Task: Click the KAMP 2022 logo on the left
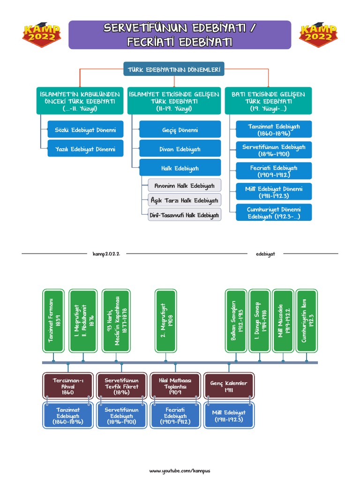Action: [41, 36]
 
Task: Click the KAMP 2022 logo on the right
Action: [318, 36]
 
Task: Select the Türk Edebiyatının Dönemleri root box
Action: [174, 70]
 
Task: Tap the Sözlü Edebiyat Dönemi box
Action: [79, 129]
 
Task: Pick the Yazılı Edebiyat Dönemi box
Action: [79, 150]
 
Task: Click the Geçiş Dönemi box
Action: [180, 129]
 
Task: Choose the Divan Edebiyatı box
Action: [180, 149]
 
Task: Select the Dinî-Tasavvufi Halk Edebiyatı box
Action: [184, 215]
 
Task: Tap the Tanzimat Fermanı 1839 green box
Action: [54, 320]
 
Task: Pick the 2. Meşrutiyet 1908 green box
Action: [166, 320]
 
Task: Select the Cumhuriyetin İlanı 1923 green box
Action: [307, 320]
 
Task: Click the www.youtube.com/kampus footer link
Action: [180, 471]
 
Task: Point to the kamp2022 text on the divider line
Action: [106, 254]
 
